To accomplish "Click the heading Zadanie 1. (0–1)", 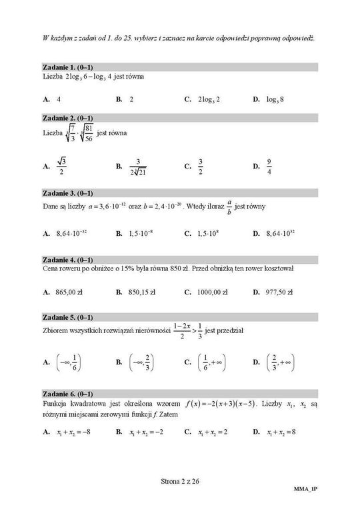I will [67, 68].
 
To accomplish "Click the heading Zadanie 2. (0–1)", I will [67, 118].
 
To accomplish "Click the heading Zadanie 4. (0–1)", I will [67, 259].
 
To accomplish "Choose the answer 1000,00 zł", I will [212, 291].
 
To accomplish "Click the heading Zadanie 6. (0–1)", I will [67, 394].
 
